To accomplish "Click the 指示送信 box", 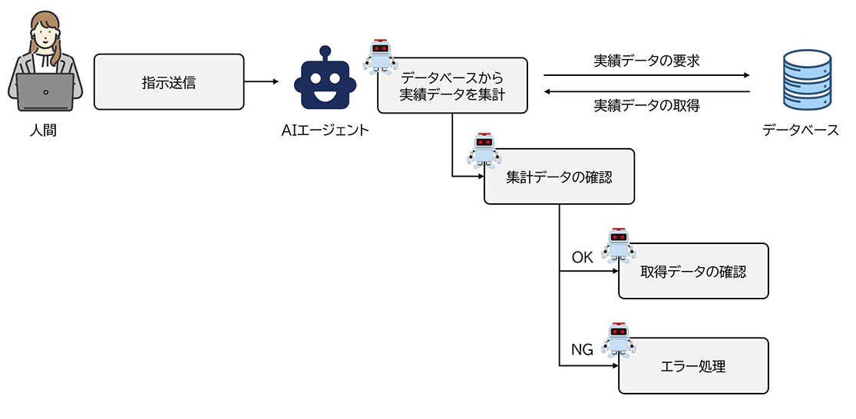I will tap(169, 81).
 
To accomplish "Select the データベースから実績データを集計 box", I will tap(452, 86).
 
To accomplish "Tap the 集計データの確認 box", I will tap(559, 177).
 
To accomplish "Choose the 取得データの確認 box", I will tap(692, 271).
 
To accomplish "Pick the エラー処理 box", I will tap(692, 366).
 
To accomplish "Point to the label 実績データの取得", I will tap(646, 105).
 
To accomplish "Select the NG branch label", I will tap(583, 351).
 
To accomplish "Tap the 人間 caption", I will tap(43, 130).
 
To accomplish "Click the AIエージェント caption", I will tap(326, 130).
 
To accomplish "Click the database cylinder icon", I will tap(806, 80).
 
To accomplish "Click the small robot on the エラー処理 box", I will tap(618, 340).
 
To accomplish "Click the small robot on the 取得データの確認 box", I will tap(618, 246).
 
